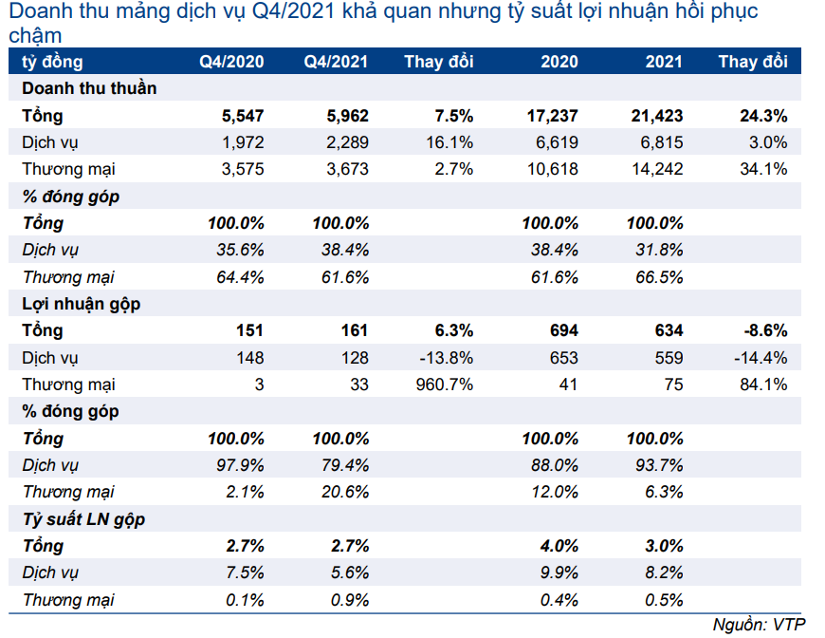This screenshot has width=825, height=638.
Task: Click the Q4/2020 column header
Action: pos(231,62)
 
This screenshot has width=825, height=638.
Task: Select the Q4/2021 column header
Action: pos(336,62)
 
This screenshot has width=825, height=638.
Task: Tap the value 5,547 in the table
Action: pos(243,116)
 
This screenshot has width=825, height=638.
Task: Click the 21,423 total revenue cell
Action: pos(657,116)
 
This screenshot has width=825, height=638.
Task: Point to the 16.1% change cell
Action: pos(449,142)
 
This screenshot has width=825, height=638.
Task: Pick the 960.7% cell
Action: pos(445,385)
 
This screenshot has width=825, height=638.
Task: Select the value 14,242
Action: pos(657,169)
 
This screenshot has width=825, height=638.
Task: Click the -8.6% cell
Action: pos(765,330)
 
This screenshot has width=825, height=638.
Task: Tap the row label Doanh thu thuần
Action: pos(89,88)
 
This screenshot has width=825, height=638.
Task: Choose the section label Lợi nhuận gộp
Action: pos(81,304)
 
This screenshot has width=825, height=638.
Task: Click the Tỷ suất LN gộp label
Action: pos(83,519)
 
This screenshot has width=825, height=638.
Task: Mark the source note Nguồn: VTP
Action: pos(759,625)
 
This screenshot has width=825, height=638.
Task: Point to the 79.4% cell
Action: pos(345,465)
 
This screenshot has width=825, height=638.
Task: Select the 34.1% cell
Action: pos(763,169)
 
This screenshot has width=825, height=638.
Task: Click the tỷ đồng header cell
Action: pos(52,62)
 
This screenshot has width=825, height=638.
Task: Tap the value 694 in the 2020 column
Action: pos(564,330)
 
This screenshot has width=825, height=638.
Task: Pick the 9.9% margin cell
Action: pos(559,572)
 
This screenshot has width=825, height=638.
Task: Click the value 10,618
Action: pos(553,169)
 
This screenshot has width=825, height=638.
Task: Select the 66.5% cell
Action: pos(659,277)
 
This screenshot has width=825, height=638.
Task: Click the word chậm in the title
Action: pos(35,36)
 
